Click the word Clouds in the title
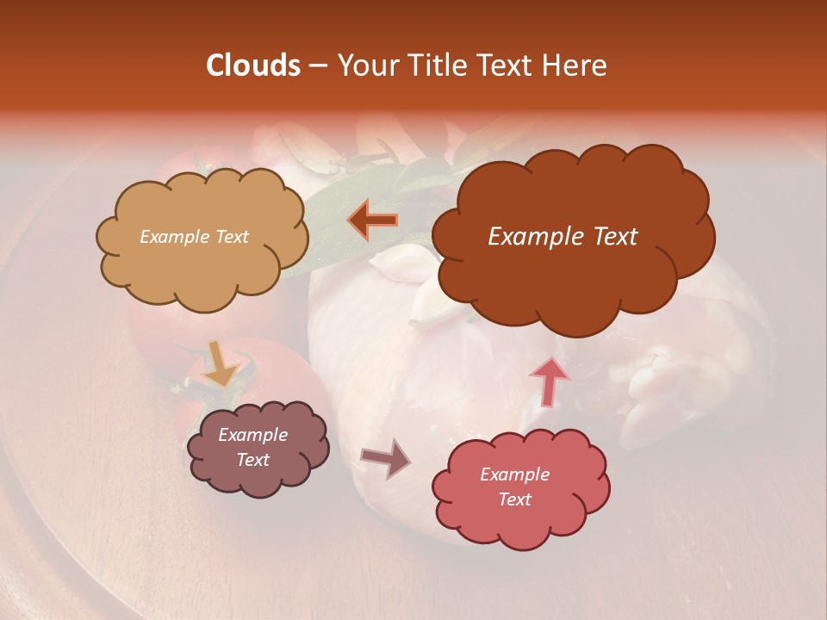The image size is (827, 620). [x=253, y=65]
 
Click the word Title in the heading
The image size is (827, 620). [x=442, y=65]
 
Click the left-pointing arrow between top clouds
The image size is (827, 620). [x=373, y=220]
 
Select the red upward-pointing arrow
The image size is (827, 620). [x=550, y=380]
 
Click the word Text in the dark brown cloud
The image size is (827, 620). [x=608, y=237]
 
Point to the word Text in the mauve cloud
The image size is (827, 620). [x=253, y=460]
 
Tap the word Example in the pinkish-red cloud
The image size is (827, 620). [x=514, y=474]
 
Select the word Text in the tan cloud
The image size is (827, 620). [x=231, y=237]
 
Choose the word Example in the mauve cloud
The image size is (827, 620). [x=253, y=436]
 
